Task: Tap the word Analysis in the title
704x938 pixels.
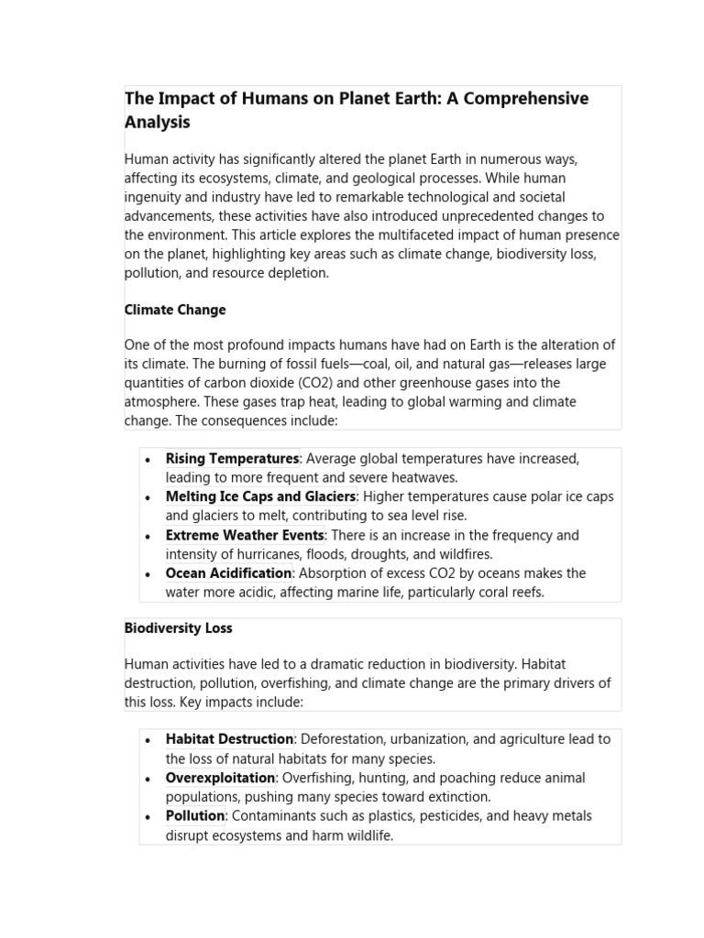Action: [x=158, y=121]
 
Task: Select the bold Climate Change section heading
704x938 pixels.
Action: [x=175, y=310]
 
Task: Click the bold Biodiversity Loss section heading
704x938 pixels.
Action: [x=178, y=627]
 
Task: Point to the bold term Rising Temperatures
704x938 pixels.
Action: [x=232, y=458]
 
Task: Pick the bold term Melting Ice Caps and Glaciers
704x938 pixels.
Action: [x=260, y=496]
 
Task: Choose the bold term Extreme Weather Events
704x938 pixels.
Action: [x=245, y=535]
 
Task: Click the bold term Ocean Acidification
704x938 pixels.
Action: [x=228, y=573]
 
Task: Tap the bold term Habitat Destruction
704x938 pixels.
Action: [x=229, y=739]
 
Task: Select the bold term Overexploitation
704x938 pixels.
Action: [x=220, y=778]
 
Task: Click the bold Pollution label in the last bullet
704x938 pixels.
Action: [x=194, y=816]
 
